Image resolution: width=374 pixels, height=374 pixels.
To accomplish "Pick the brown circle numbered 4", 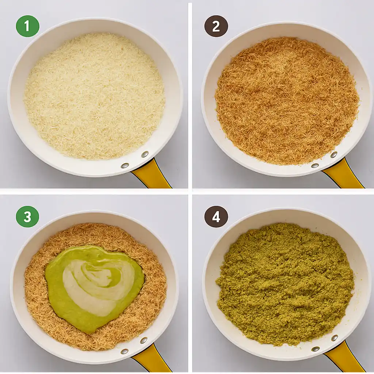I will point(216,217).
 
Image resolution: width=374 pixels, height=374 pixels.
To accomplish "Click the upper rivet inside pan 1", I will point(145,154).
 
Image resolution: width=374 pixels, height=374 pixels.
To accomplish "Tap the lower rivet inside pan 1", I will point(125,165).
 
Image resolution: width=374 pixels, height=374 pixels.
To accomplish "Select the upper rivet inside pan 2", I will point(333,154).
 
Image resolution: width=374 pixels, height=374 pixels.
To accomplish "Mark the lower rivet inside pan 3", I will point(125,351).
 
